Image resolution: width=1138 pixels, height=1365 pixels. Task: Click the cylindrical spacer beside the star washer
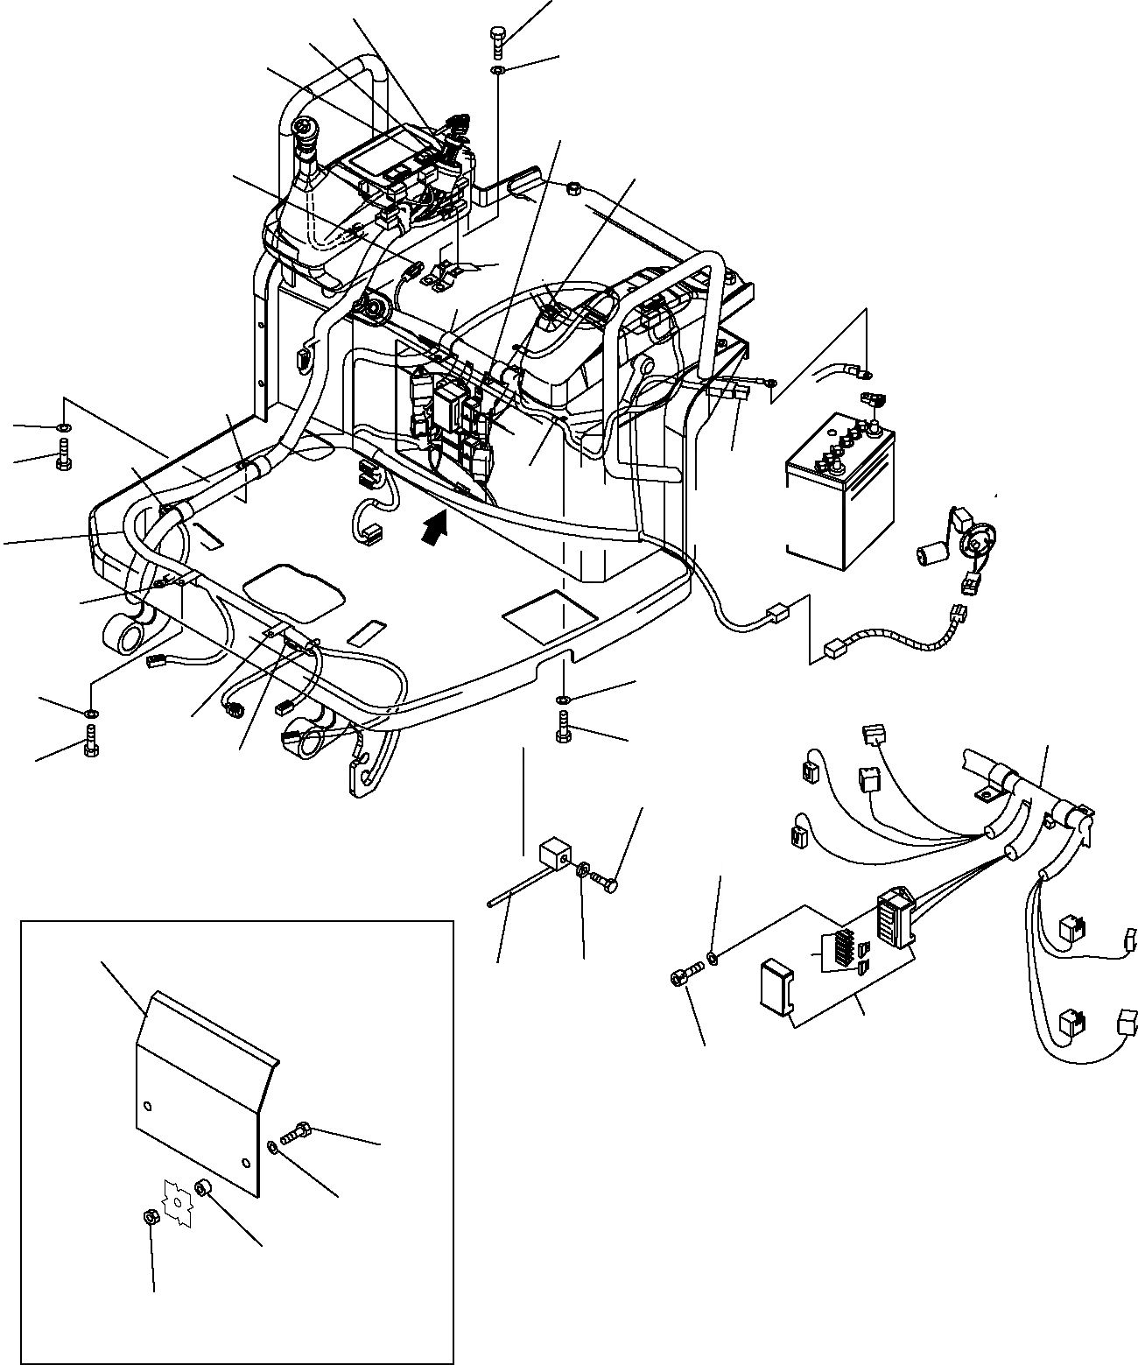tap(204, 1189)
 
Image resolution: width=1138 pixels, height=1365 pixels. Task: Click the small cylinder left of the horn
tap(931, 556)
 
